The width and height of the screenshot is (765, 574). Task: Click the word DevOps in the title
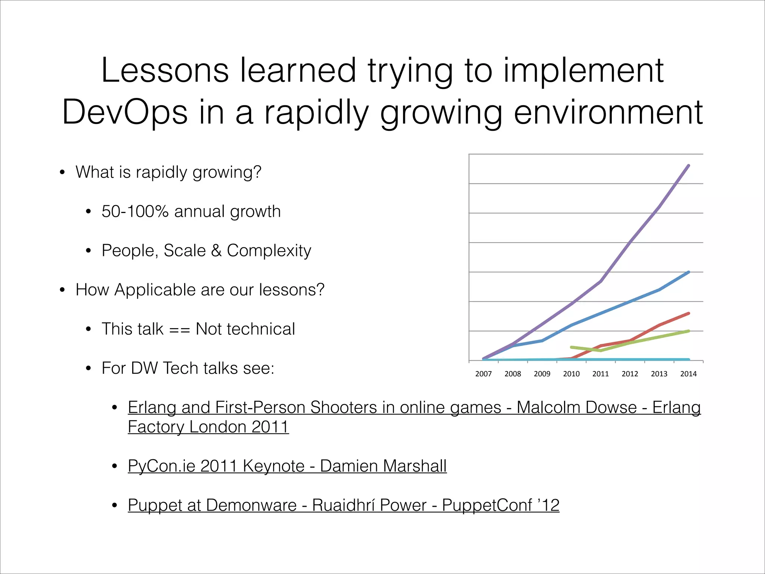tap(125, 112)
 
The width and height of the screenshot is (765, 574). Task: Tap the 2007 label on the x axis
tap(483, 374)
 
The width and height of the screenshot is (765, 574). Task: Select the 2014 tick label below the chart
tap(688, 374)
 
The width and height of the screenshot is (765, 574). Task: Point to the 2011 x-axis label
tap(601, 374)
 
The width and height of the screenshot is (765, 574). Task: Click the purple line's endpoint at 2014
tap(688, 166)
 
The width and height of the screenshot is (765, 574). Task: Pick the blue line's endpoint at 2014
tap(688, 272)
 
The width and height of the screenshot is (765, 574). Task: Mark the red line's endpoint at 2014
tap(688, 313)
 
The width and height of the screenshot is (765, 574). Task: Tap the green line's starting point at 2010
tap(572, 347)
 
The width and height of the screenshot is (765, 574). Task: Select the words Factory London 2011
tap(208, 427)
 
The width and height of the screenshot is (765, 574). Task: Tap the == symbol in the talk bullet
tap(180, 330)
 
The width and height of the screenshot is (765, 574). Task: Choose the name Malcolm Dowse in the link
tap(576, 407)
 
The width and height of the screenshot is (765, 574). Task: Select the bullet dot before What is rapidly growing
tap(62, 173)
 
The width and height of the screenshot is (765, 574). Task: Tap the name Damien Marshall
tap(383, 466)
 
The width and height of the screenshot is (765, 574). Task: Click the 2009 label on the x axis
tap(542, 374)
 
